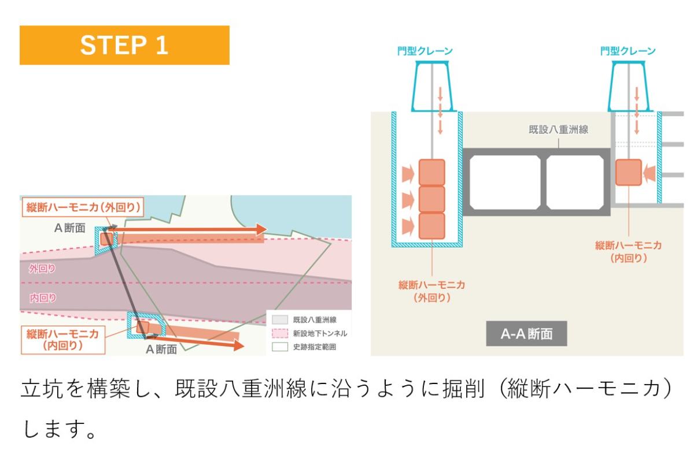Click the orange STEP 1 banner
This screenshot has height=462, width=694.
coord(124,45)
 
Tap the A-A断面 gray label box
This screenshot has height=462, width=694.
coord(526,334)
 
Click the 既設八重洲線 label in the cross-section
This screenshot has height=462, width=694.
coord(558,130)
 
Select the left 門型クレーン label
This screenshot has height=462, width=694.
coord(425,51)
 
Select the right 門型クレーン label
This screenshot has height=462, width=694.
coord(628,51)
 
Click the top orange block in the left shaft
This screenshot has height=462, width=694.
coord(431,173)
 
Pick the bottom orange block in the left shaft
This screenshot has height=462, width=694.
coord(431,226)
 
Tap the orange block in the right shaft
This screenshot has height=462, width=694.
coord(629,172)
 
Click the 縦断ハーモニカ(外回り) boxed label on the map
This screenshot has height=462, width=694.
coord(82,207)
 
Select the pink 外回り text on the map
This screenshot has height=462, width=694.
coord(42,269)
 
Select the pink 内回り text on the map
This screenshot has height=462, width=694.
coord(42,298)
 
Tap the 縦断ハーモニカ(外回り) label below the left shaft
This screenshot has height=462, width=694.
coord(431,291)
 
